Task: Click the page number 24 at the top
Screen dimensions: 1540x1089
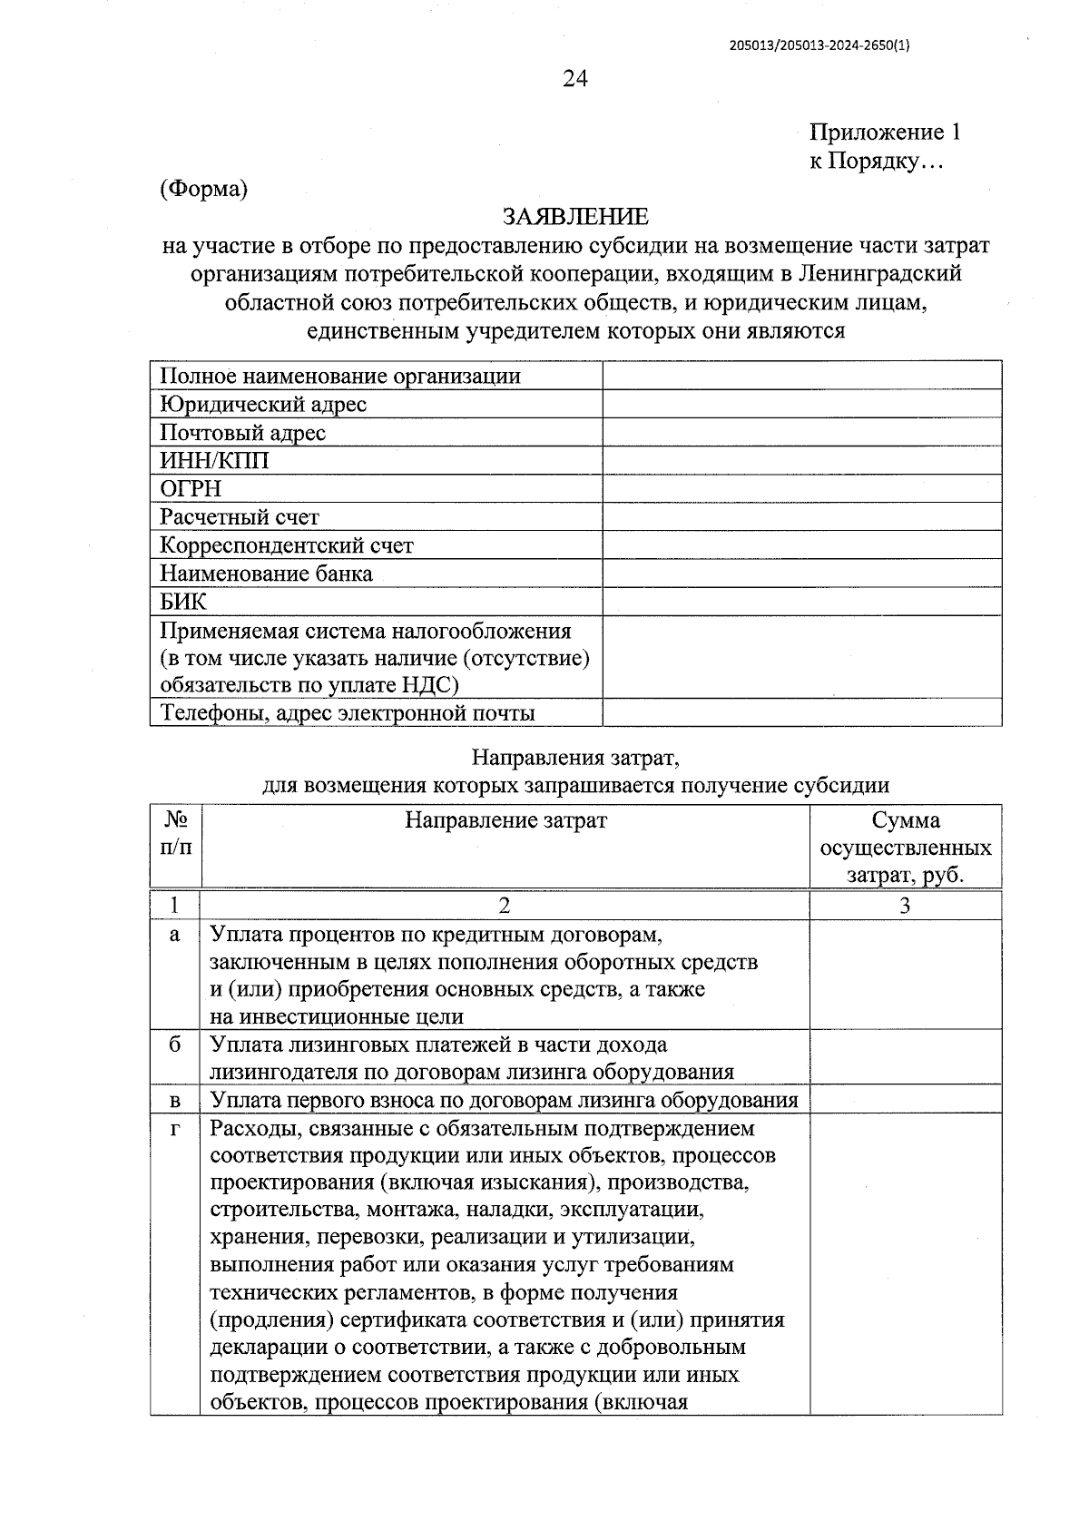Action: coord(575,79)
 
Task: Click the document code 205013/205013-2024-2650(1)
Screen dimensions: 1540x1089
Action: coord(819,45)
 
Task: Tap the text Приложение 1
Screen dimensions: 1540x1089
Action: coord(884,132)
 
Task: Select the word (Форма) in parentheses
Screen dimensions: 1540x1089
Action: coord(203,189)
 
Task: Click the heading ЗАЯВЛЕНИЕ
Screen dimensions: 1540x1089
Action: coord(575,216)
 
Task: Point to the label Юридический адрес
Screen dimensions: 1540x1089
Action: coord(263,404)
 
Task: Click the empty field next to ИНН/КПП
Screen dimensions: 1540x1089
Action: coord(801,461)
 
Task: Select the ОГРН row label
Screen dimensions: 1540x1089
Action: coord(191,489)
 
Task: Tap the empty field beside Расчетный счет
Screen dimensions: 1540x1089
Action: coord(801,517)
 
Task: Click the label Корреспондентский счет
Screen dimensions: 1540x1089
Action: coord(286,545)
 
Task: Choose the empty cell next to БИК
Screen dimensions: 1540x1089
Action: coord(801,602)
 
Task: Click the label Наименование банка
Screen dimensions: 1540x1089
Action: coord(266,574)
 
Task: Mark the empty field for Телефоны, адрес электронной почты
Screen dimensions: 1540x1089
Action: coord(801,712)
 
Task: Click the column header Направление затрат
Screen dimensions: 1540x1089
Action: coord(505,820)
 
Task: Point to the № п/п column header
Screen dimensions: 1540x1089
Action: coord(176,834)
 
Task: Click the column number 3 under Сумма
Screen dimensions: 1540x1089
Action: coord(905,905)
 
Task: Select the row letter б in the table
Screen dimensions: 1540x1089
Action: coord(175,1045)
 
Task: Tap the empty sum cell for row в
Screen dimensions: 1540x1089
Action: coord(905,1100)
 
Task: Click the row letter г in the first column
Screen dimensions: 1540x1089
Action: coord(175,1129)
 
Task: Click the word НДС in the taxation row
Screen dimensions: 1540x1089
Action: coord(427,685)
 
